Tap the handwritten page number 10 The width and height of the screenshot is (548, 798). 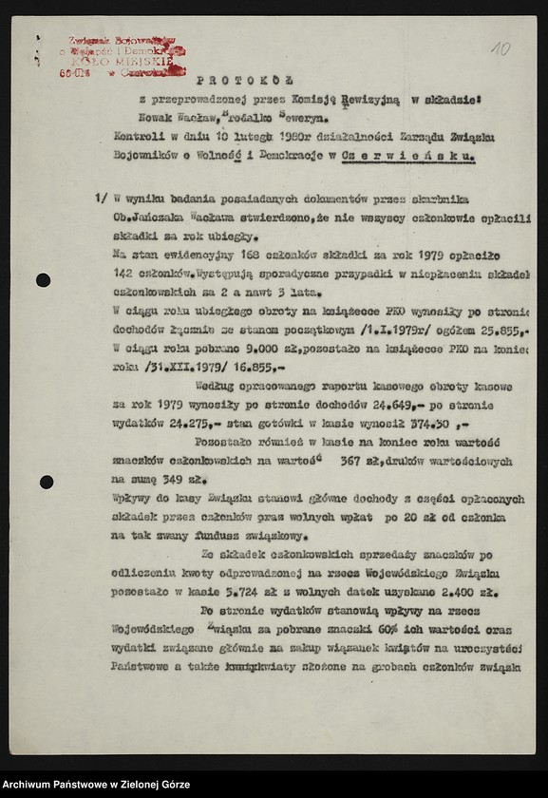[x=500, y=47]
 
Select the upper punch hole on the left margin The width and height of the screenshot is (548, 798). [x=44, y=280]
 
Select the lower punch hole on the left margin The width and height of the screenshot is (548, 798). [x=46, y=482]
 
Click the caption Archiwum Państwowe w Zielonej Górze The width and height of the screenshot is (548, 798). [x=95, y=784]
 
